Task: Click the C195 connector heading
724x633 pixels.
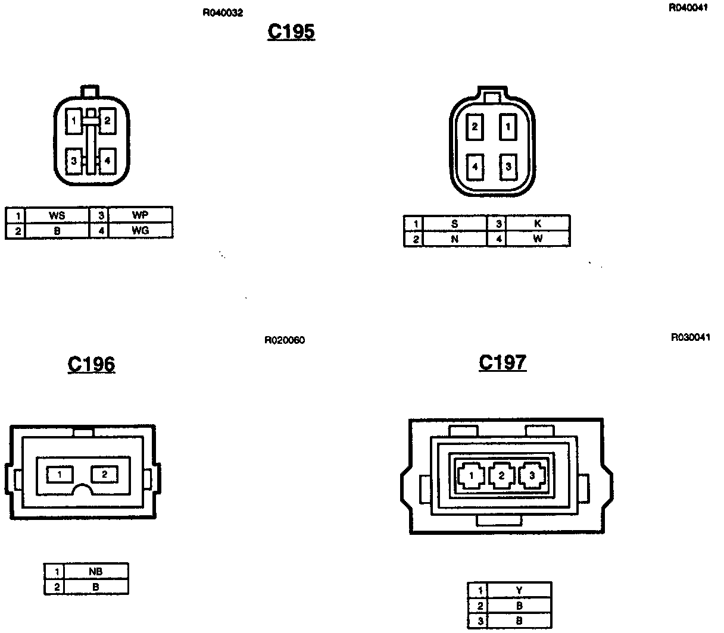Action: [291, 32]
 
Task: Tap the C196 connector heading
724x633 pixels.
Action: [91, 363]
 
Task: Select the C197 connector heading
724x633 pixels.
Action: [503, 362]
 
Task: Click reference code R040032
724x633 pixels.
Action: [223, 12]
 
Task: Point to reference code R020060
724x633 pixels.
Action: [285, 341]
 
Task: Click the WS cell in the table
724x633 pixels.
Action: [57, 215]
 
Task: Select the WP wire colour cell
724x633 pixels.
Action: [140, 215]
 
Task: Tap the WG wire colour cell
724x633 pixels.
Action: [140, 230]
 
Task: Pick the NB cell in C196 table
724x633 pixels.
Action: [95, 572]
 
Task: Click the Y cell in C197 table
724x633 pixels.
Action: [519, 590]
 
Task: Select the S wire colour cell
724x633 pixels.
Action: [455, 224]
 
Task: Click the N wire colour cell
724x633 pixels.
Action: [455, 239]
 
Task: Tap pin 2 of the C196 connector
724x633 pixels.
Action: [104, 474]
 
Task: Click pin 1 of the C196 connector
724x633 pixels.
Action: [60, 474]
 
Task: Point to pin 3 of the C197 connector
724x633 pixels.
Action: [530, 475]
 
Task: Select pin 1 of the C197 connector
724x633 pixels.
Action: [472, 475]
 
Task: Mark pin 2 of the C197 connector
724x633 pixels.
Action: [501, 475]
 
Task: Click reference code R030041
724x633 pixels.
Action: [690, 337]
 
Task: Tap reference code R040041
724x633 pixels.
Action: [688, 8]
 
